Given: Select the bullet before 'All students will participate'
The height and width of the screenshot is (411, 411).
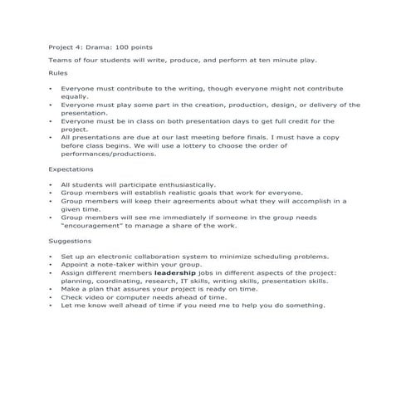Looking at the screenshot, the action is point(51,184).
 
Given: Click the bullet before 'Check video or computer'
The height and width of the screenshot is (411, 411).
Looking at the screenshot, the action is point(51,296).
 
